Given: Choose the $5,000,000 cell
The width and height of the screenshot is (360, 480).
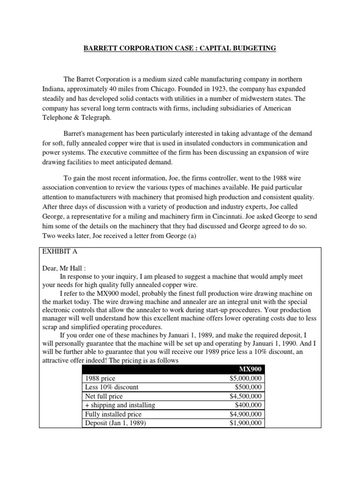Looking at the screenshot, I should tap(246, 379).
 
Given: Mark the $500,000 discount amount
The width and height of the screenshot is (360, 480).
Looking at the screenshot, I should tap(249, 388).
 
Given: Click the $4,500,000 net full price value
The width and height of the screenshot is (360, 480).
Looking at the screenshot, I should tap(246, 397).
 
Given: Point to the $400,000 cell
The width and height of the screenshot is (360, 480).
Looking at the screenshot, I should tap(249, 405).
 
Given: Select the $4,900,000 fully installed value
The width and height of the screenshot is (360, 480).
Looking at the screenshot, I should tap(246, 414).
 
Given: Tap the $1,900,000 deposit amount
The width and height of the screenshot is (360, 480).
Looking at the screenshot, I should tap(246, 423).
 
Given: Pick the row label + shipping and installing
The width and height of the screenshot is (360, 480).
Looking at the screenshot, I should tap(120, 405).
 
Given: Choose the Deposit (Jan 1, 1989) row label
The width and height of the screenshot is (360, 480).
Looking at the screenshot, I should tap(114, 423).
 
